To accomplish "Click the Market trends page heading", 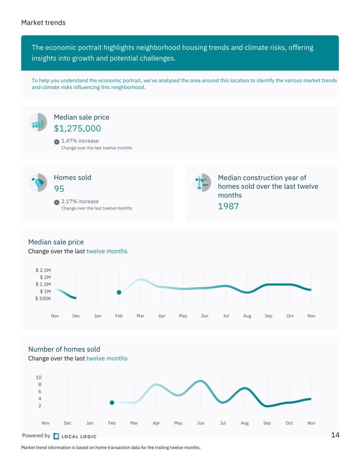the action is coord(43,23).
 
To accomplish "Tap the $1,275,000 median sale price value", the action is coord(77,128).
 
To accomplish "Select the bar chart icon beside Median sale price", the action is coord(38,122).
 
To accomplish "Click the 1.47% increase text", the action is coord(80,141).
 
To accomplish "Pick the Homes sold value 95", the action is coord(59,189).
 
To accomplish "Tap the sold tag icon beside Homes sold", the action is coord(38,183).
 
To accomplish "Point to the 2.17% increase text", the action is coord(80,202).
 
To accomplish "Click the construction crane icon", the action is coord(202,183).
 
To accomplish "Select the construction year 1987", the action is coord(228,206).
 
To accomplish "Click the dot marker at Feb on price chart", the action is coord(119,293).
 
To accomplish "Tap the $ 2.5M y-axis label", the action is coord(43,270).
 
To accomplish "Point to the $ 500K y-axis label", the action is coord(43,298).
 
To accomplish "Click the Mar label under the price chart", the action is coord(140,316).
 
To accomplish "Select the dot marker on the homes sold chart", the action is coord(112,403).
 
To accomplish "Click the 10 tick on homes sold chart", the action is coord(38,377).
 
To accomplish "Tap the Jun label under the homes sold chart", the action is coord(201,423).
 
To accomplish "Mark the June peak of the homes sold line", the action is coord(201,381).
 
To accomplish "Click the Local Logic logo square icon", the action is coord(56,436).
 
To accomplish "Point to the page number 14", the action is coord(335,435).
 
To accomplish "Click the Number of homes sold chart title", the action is coord(64,349).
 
